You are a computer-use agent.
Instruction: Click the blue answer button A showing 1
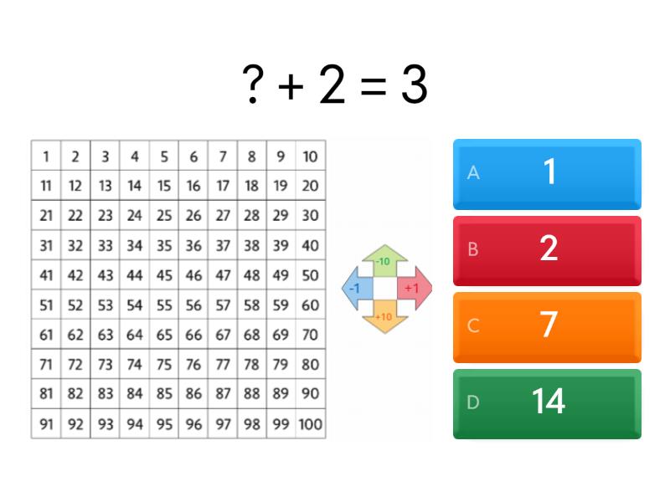pyautogui.click(x=547, y=174)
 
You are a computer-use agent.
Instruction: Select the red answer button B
pyautogui.click(x=547, y=251)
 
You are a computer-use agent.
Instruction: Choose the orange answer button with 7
pyautogui.click(x=547, y=327)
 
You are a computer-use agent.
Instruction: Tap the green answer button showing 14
pyautogui.click(x=547, y=404)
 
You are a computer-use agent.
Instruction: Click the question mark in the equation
pyautogui.click(x=253, y=85)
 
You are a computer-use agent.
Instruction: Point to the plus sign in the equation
pyautogui.click(x=291, y=86)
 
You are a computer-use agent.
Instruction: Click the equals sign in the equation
pyautogui.click(x=373, y=86)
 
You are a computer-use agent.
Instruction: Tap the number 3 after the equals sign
pyautogui.click(x=414, y=85)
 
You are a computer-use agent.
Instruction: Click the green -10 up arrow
pyautogui.click(x=384, y=260)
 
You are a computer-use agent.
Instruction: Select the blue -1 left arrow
pyautogui.click(x=358, y=289)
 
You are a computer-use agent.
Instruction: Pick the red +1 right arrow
pyautogui.click(x=414, y=289)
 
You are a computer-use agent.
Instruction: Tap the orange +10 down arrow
pyautogui.click(x=384, y=317)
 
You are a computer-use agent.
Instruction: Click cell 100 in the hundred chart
pyautogui.click(x=311, y=424)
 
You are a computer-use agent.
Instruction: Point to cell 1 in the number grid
pyautogui.click(x=46, y=156)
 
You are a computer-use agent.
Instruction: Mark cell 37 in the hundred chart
pyautogui.click(x=223, y=245)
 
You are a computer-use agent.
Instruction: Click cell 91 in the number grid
pyautogui.click(x=46, y=424)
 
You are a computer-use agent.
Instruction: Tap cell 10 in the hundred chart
pyautogui.click(x=311, y=156)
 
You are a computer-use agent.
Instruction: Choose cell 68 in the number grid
pyautogui.click(x=252, y=335)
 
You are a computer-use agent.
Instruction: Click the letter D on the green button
pyautogui.click(x=473, y=402)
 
